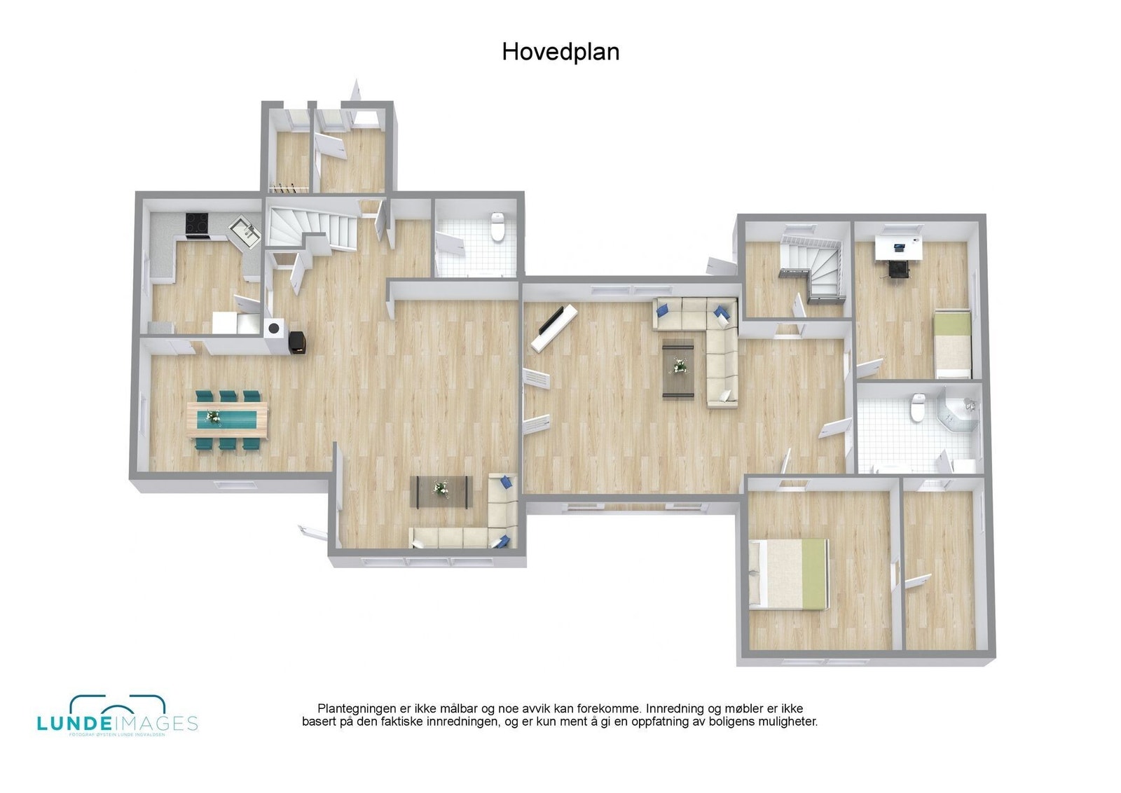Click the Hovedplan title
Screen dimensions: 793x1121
[560, 52]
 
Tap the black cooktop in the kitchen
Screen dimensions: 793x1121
[197, 224]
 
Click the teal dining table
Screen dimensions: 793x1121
[228, 419]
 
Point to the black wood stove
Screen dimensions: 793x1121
[297, 340]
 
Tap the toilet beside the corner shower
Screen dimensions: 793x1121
[916, 408]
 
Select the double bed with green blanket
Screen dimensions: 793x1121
[789, 573]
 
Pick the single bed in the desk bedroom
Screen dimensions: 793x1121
[953, 344]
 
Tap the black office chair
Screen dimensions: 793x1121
[897, 268]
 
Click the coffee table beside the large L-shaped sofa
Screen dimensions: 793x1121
[678, 368]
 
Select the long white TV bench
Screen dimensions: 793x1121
[554, 328]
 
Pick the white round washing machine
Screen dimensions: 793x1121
[274, 327]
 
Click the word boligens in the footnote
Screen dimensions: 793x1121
[707, 721]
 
